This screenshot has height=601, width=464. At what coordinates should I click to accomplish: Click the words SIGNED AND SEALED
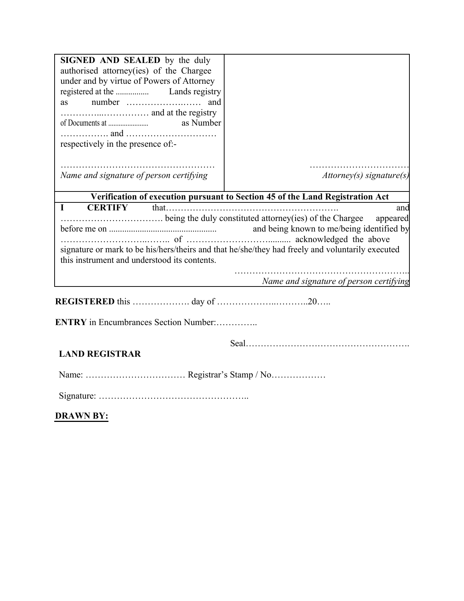110,60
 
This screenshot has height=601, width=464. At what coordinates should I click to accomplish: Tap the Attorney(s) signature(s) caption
365,175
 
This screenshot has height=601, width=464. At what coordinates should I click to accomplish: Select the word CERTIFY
107,208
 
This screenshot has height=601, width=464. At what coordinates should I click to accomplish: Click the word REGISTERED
85,302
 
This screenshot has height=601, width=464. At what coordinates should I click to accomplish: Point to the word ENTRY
71,323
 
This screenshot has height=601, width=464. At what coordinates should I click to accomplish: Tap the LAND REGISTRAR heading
100,354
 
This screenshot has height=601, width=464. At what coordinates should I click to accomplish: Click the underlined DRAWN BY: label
82,416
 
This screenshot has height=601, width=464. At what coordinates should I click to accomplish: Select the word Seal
238,344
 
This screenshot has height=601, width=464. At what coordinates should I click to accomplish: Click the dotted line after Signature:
174,396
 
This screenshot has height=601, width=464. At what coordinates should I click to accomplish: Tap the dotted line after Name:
135,375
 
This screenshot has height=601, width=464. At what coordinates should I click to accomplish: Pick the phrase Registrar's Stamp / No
230,375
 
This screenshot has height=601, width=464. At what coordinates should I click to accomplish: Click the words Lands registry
195,92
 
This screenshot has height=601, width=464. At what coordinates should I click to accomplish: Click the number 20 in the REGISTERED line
312,302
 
